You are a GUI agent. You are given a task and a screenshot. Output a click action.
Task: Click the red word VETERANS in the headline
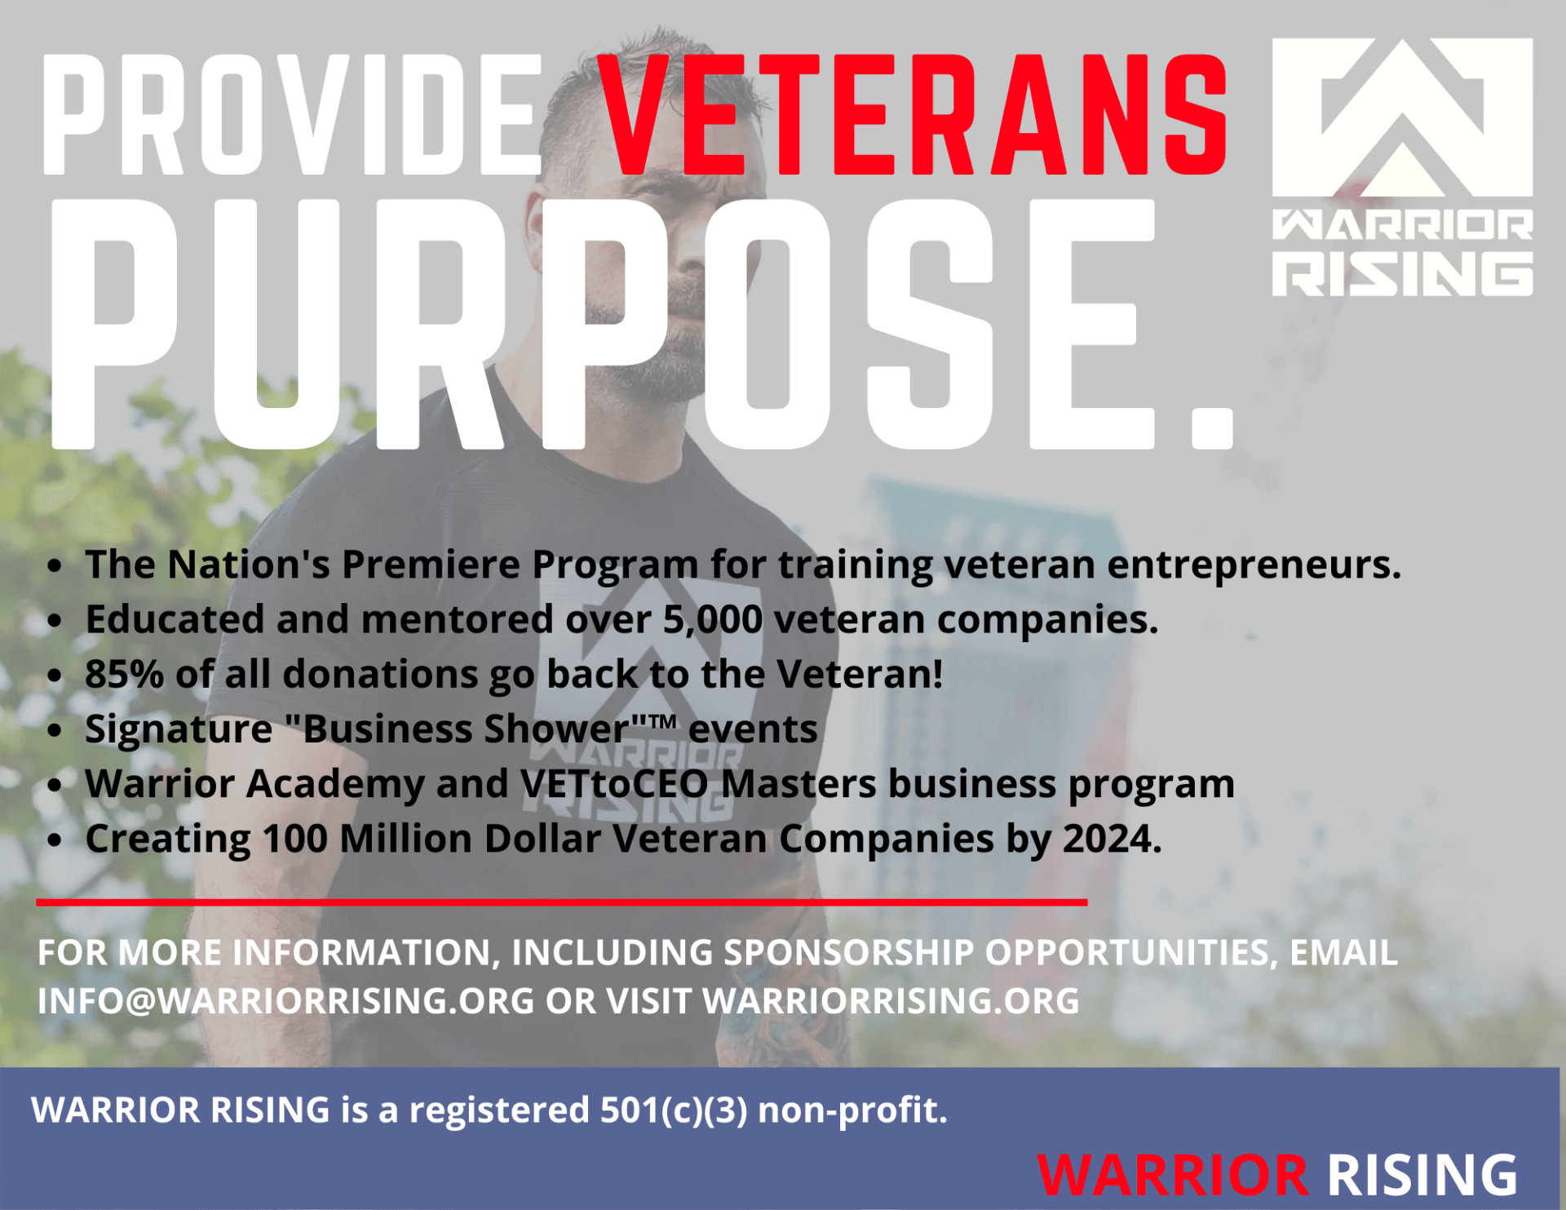tap(913, 116)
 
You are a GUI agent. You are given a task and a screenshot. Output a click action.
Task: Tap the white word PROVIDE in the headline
tap(292, 116)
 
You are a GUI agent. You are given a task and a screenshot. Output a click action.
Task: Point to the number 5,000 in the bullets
tap(712, 620)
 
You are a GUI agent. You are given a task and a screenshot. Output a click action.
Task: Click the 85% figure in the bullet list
tap(124, 675)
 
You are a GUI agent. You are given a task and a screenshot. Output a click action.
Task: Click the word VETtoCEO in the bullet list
tap(614, 784)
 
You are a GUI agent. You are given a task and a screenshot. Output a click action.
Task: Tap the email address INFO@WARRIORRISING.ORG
tap(285, 1001)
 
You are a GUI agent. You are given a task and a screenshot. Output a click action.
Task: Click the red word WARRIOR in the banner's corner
tap(1173, 1176)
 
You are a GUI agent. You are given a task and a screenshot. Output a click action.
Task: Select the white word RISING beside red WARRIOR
tap(1422, 1176)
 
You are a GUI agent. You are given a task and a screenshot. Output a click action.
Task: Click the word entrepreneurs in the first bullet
tap(1248, 565)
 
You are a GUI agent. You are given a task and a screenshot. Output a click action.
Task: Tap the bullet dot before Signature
tap(55, 730)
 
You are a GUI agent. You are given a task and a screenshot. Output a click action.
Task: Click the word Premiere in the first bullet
tap(431, 565)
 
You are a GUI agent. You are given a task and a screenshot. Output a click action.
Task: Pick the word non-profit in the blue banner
tap(852, 1110)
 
